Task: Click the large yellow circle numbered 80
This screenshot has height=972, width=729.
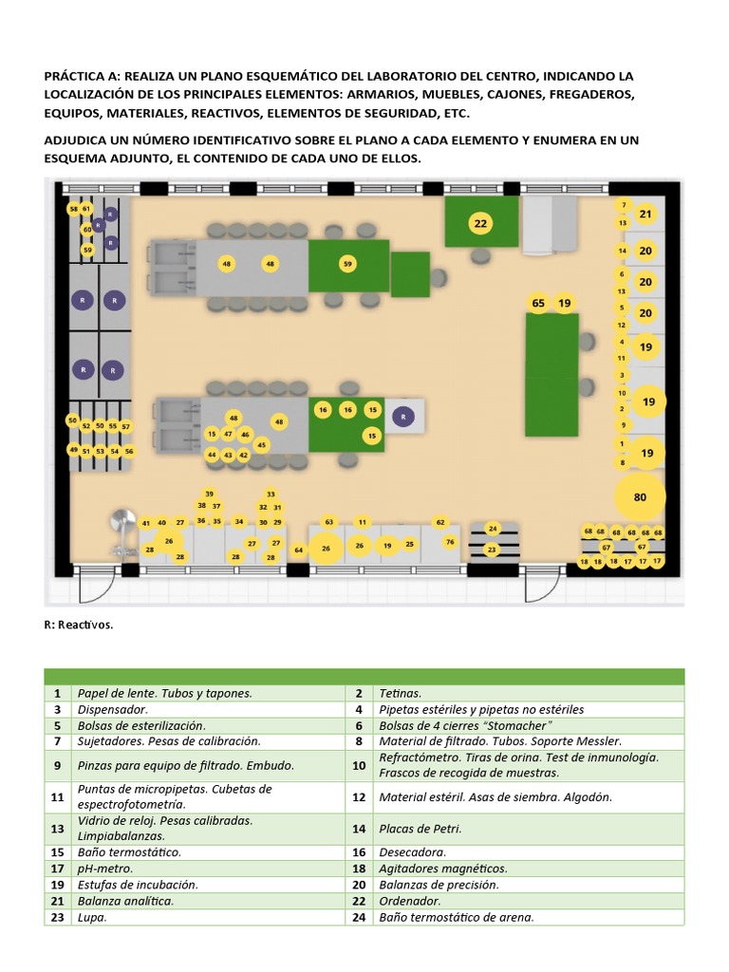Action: [x=640, y=496]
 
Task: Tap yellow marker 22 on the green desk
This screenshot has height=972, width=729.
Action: [x=480, y=224]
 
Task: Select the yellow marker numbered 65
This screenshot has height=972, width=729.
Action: [x=538, y=304]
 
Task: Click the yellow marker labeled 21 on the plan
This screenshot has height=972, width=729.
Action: [x=645, y=215]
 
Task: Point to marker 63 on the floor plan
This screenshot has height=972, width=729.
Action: [x=329, y=522]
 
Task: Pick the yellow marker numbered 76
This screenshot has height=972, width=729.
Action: [x=450, y=542]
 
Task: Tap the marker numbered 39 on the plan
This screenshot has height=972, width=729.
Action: [x=209, y=494]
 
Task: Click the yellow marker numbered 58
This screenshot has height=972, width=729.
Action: [x=73, y=208]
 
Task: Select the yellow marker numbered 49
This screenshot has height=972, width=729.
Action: [x=73, y=450]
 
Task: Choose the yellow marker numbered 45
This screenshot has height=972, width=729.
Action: [x=262, y=445]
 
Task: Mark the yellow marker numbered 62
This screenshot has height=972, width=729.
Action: [x=440, y=522]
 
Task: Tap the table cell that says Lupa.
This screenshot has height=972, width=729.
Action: [x=92, y=917]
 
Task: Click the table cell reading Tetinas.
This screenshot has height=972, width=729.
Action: [x=400, y=694]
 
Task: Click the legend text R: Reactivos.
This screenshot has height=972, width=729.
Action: [x=79, y=625]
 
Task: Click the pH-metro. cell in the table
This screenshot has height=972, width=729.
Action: [x=105, y=869]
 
